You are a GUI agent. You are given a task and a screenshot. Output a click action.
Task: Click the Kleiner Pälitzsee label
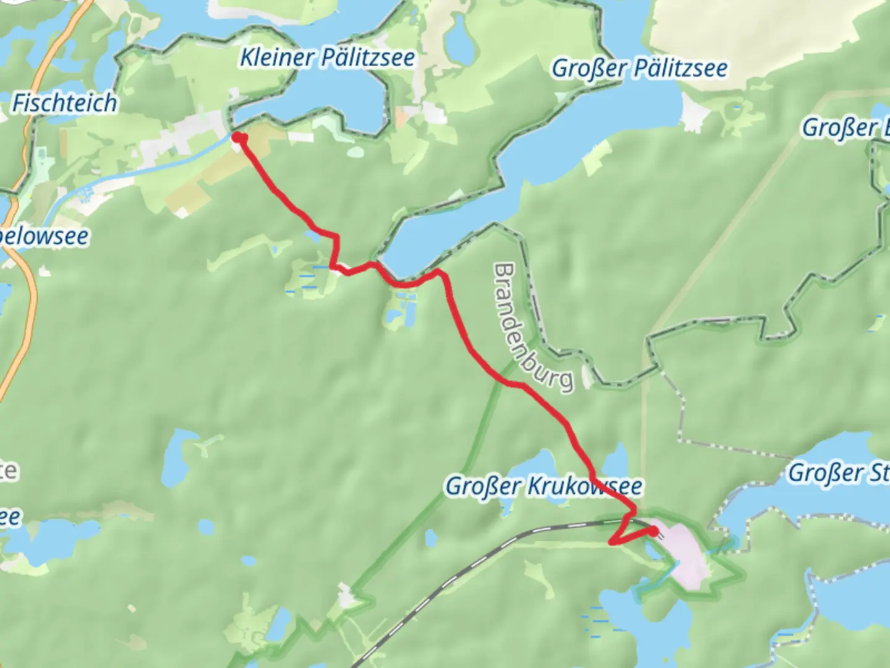tap(327, 58)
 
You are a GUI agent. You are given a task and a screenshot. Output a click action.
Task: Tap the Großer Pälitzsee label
tap(639, 68)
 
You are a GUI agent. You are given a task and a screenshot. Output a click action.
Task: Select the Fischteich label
tap(64, 103)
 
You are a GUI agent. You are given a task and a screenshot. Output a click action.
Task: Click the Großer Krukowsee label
tap(543, 486)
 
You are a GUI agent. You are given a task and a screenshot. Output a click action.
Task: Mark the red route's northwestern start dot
tap(237, 137)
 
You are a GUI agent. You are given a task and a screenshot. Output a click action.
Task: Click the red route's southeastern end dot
tap(653, 531)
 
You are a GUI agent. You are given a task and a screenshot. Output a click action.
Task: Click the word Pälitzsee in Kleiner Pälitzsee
tap(367, 58)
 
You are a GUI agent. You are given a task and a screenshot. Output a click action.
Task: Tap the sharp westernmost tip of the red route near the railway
tap(612, 543)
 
